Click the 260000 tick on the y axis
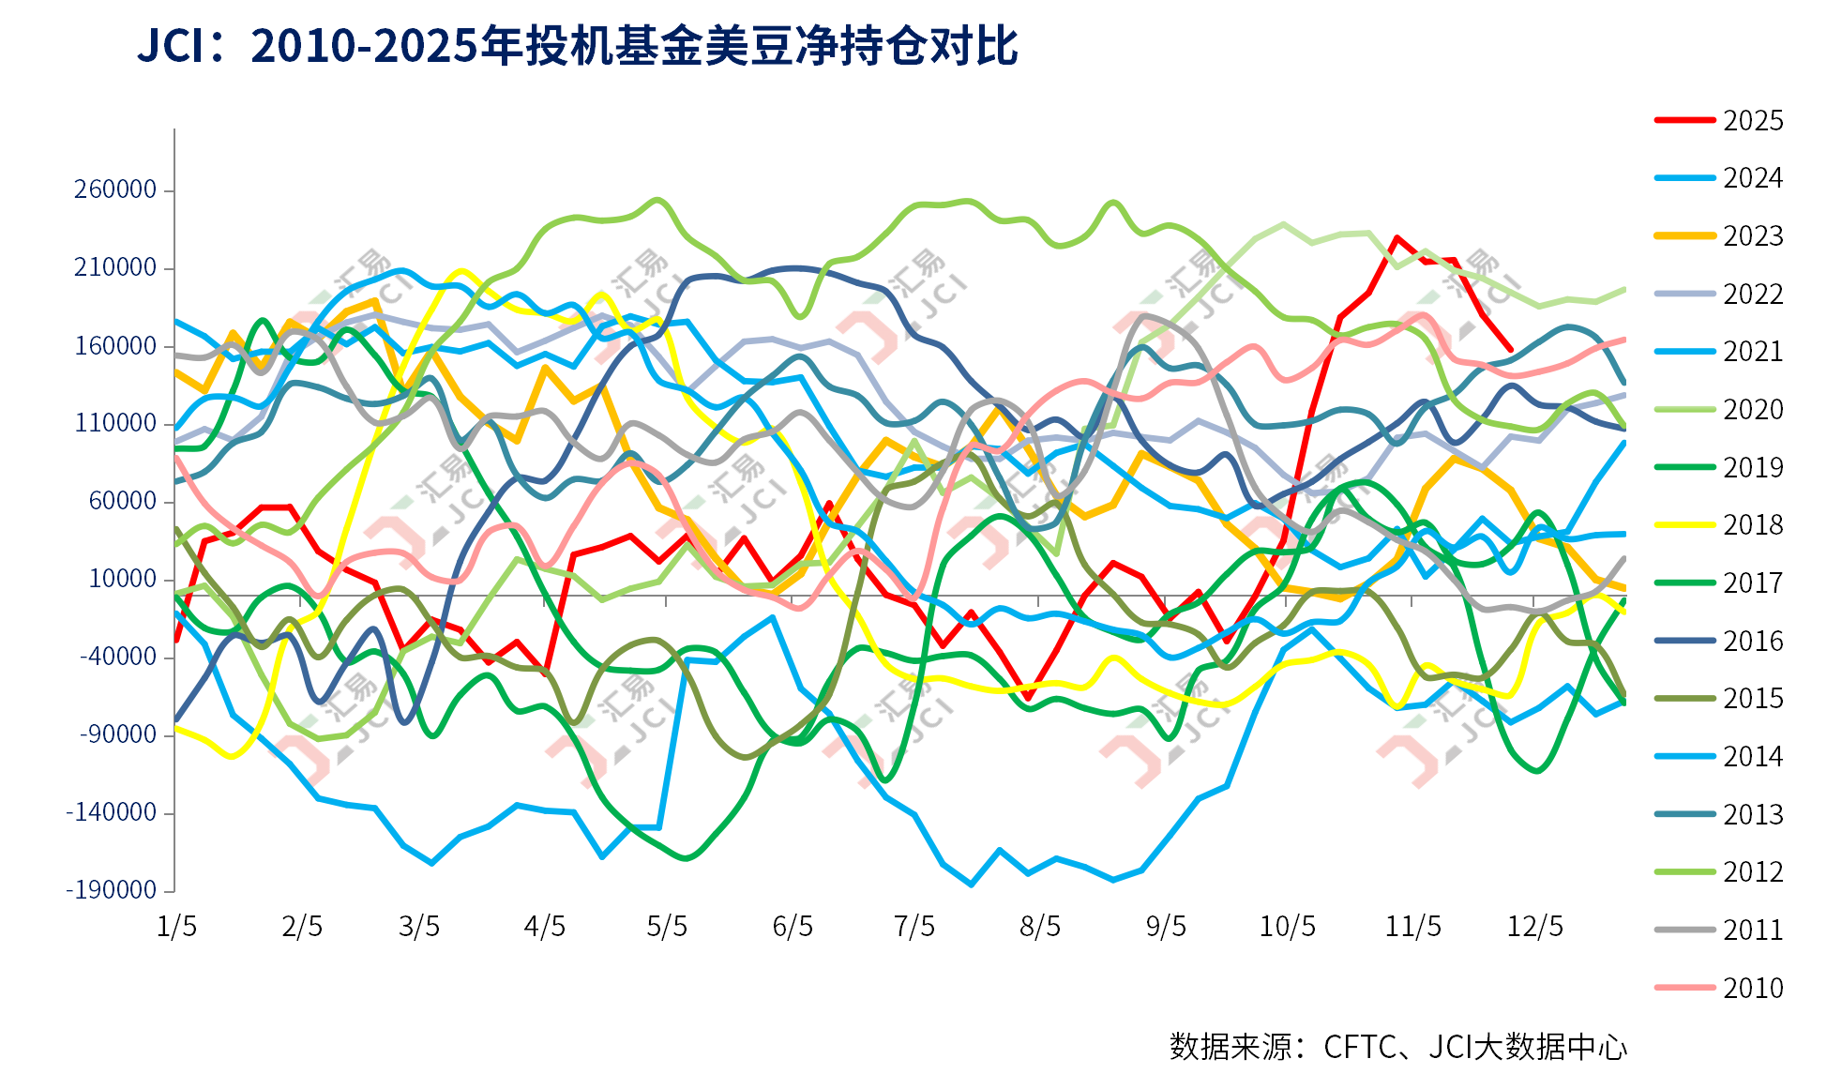pos(115,189)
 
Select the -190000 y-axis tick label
pos(111,889)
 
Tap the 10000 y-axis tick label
pos(122,579)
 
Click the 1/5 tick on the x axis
pos(176,927)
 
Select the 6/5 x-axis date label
pos(793,927)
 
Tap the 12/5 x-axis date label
pos(1534,927)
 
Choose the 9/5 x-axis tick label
pos(1166,927)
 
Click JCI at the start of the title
pos(170,46)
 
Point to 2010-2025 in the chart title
pos(365,46)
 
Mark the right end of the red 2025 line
pos(1510,350)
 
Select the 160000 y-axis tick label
pos(115,346)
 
